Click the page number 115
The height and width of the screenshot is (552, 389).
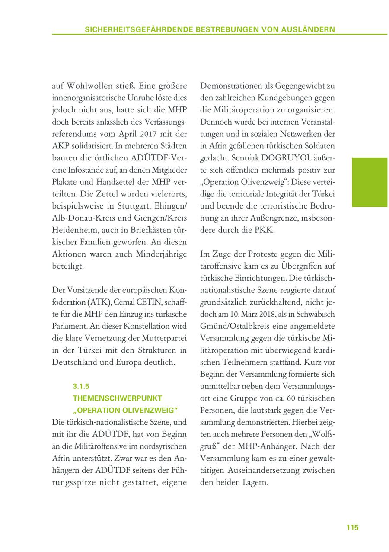(352, 527)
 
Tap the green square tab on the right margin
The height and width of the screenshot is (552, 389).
(369, 182)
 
